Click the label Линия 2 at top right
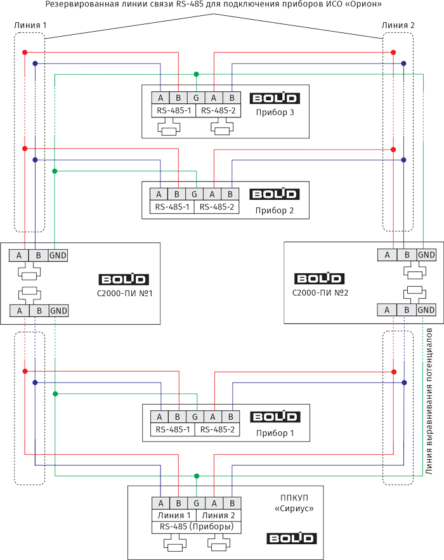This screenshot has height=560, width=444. pos(398,24)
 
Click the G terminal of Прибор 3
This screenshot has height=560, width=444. pos(196,98)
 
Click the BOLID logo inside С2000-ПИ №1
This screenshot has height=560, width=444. pos(124,279)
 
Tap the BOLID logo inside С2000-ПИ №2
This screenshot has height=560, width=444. pos(320,279)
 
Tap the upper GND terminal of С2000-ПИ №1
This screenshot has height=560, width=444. pos(58,255)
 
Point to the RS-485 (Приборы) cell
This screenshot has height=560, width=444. pos(196,526)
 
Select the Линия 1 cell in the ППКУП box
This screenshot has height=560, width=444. pos(174,514)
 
